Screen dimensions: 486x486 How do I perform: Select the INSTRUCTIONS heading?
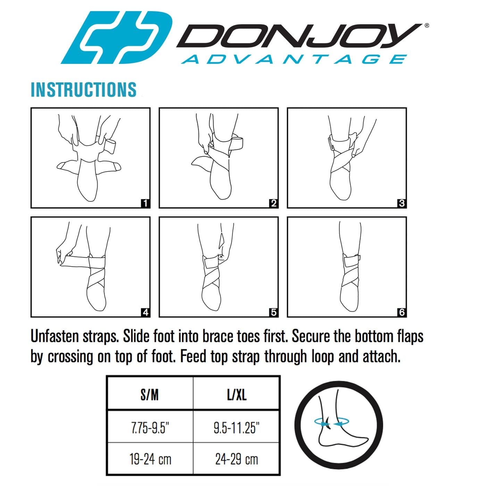(x=84, y=90)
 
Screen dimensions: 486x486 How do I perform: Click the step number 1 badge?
(x=145, y=203)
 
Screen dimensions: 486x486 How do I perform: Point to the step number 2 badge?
(x=274, y=203)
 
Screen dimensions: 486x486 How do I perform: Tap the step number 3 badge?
(x=402, y=203)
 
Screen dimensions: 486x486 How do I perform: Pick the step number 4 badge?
(x=145, y=312)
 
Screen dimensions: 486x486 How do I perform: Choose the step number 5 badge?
(x=274, y=312)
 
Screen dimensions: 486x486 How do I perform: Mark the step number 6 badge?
(x=402, y=312)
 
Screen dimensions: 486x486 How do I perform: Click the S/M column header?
(x=150, y=395)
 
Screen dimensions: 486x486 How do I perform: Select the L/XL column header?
(x=237, y=395)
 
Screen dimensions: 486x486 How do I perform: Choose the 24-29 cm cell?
(x=237, y=459)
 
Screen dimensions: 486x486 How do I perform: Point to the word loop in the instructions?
(x=321, y=357)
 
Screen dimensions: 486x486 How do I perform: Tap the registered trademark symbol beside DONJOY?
(x=427, y=25)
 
